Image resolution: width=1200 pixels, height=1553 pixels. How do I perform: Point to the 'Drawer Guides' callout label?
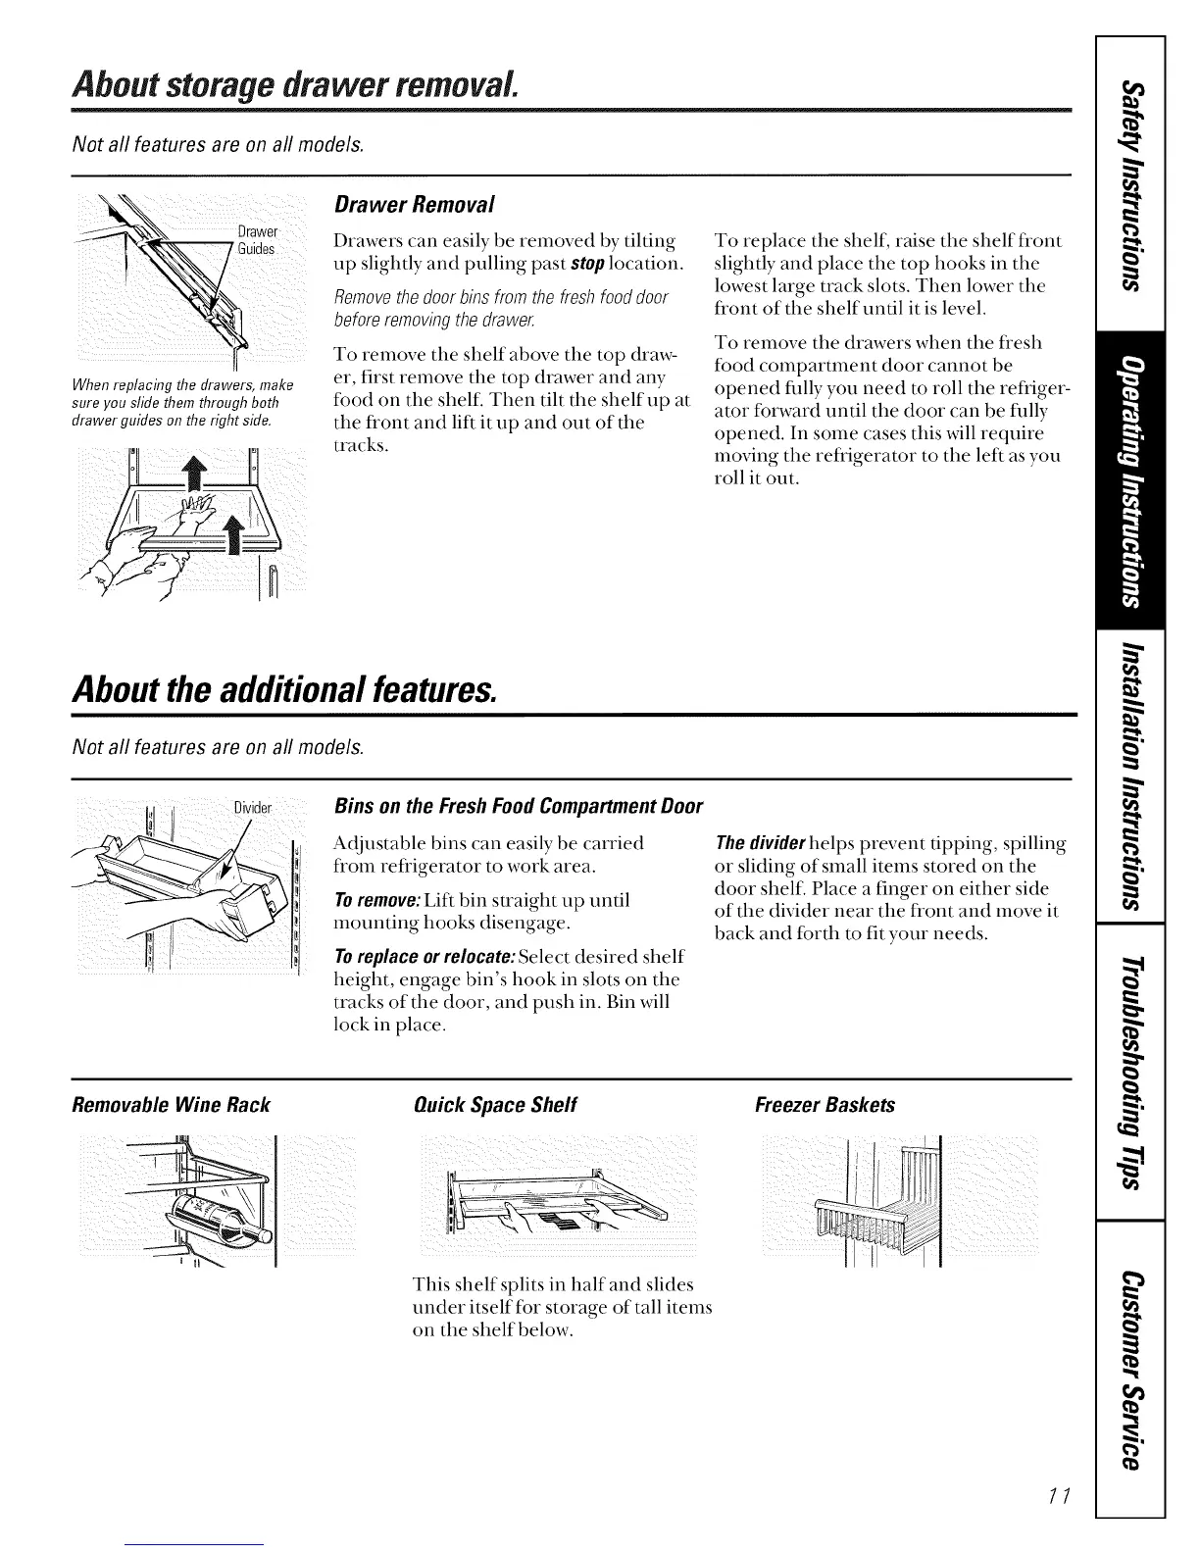pyautogui.click(x=258, y=240)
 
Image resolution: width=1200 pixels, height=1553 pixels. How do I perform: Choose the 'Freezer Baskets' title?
pyautogui.click(x=825, y=1105)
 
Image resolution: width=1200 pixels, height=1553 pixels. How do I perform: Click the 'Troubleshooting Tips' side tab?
pyautogui.click(x=1131, y=1072)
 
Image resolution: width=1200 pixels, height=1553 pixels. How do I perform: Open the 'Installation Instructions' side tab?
pyautogui.click(x=1131, y=775)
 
